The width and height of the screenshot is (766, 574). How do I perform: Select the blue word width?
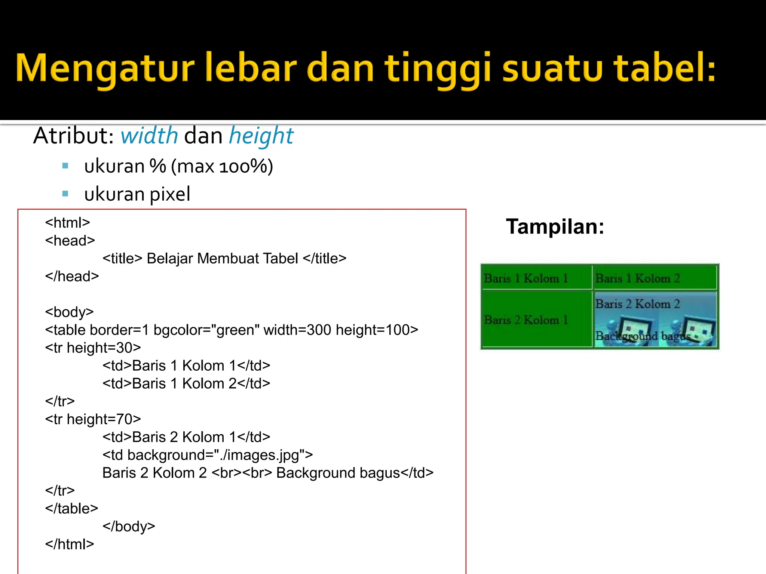tap(149, 135)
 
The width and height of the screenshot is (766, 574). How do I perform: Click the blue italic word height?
tap(261, 135)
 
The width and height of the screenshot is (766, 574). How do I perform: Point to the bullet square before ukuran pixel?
tap(65, 194)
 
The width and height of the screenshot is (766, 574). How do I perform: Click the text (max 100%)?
tap(222, 166)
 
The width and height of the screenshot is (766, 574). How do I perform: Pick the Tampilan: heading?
tap(555, 226)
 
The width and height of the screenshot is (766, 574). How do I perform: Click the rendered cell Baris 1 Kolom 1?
tap(526, 278)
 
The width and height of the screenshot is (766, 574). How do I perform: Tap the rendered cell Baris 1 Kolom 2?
tap(637, 278)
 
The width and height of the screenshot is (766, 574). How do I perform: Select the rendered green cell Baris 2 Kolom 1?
tap(526, 320)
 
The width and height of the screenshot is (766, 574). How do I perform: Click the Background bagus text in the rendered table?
tap(642, 336)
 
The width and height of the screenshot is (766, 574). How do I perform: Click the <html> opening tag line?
tap(68, 223)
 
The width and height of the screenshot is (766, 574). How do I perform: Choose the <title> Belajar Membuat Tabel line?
tap(224, 259)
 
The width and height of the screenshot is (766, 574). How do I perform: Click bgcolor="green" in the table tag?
tap(206, 330)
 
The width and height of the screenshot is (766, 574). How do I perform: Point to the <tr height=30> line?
tap(93, 348)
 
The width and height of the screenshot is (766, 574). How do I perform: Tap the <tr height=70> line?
tap(93, 419)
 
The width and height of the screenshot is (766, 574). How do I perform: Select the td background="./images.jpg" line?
tap(208, 455)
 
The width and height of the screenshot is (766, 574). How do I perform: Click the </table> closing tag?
tap(71, 509)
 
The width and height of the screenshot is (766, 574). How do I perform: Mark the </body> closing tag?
tap(129, 527)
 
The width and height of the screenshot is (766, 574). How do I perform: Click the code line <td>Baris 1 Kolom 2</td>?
tap(186, 383)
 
